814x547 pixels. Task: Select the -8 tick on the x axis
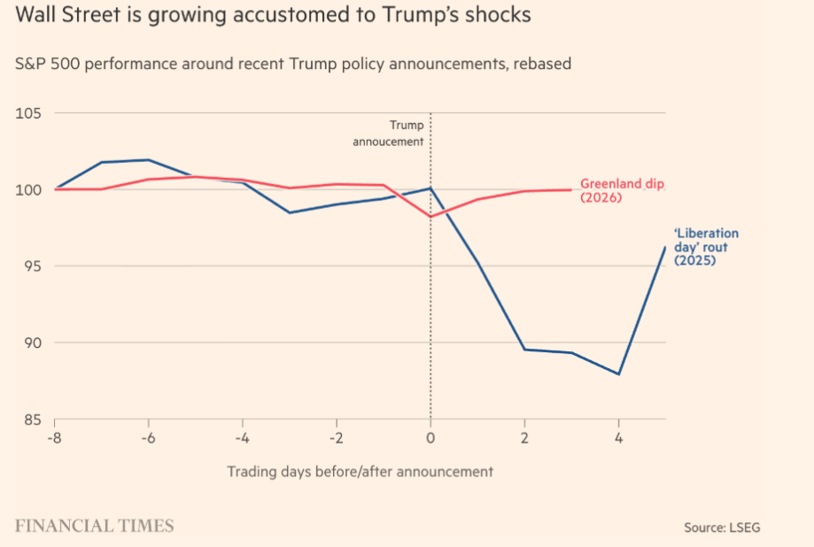(x=55, y=437)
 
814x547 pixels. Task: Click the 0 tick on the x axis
(x=430, y=437)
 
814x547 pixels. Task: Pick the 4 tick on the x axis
(x=618, y=437)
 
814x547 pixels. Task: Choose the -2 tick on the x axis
(x=336, y=437)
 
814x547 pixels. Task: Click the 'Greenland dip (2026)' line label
(x=621, y=190)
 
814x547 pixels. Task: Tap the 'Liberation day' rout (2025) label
(x=706, y=247)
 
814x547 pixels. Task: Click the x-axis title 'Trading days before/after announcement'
(x=360, y=471)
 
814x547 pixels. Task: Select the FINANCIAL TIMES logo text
(x=94, y=526)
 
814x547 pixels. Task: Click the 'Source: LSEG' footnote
(x=721, y=528)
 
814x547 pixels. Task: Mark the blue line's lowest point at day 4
(x=618, y=374)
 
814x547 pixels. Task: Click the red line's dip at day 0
(x=430, y=216)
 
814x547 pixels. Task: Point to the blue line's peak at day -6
(x=148, y=160)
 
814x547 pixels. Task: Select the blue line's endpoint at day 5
(x=665, y=247)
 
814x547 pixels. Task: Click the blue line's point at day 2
(x=524, y=349)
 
